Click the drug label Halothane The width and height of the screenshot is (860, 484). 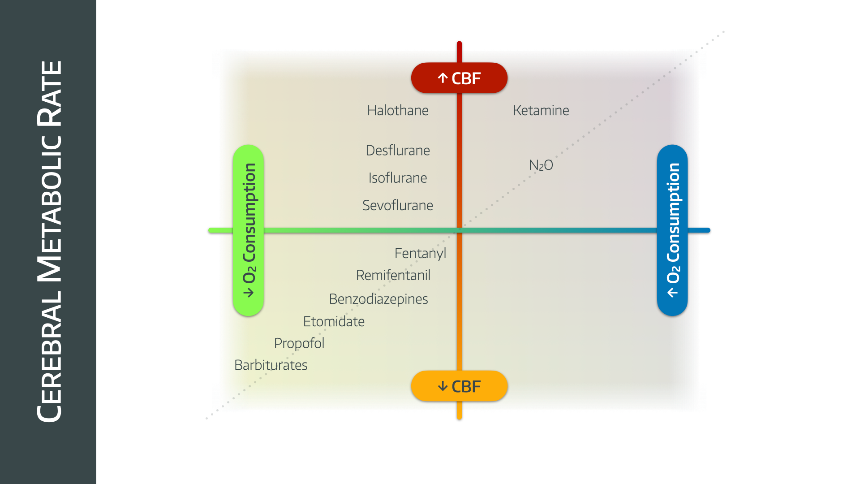(398, 110)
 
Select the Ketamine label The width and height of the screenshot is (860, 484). (541, 110)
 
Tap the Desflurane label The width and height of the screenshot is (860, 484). (398, 150)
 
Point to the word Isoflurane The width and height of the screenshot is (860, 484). (398, 178)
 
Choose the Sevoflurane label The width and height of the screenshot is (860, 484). (398, 205)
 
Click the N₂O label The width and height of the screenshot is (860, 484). (541, 165)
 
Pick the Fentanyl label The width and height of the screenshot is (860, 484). (420, 253)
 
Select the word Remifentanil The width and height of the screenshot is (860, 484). (393, 275)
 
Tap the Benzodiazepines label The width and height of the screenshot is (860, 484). (378, 299)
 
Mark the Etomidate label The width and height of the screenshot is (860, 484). (334, 321)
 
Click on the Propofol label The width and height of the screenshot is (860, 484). (299, 343)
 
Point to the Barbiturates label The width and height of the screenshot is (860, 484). (271, 365)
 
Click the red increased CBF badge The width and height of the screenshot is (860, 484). (459, 78)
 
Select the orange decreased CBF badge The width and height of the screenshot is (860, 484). (459, 386)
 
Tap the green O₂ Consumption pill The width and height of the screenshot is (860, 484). (248, 230)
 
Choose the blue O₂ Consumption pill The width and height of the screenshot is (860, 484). (672, 230)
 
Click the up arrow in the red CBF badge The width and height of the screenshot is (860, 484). (443, 78)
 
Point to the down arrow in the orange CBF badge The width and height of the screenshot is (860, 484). (443, 386)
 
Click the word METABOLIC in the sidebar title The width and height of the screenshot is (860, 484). (49, 209)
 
